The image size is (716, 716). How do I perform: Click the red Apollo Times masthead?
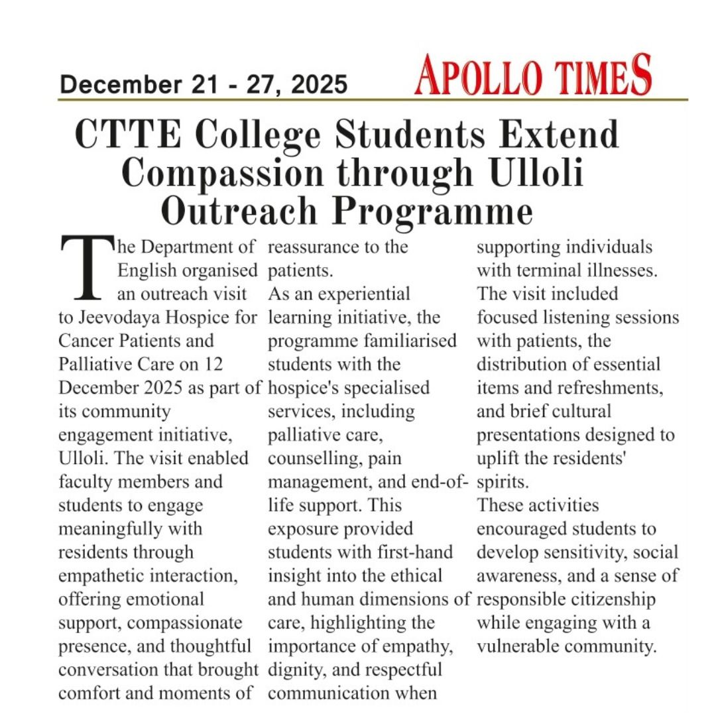[x=533, y=76]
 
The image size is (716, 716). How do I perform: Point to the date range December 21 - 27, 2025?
[x=204, y=85]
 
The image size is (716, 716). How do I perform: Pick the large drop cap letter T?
[x=84, y=269]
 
